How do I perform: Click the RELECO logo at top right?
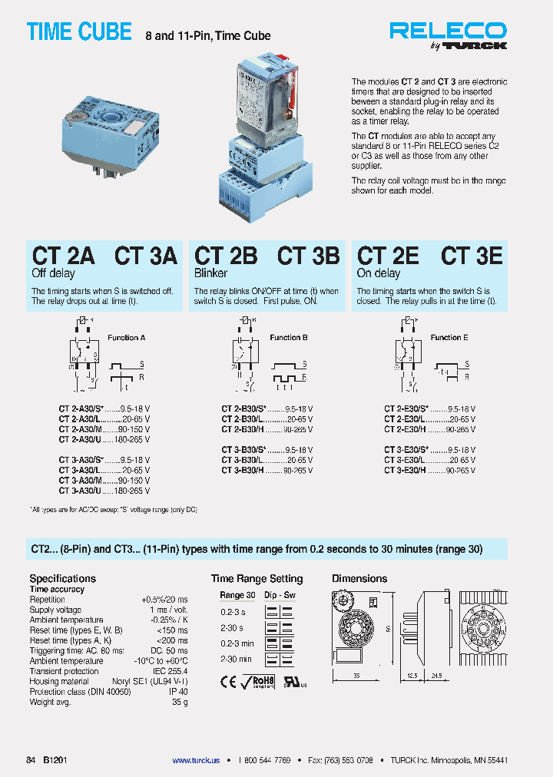[448, 31]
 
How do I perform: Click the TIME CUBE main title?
[79, 32]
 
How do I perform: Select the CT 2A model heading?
[63, 256]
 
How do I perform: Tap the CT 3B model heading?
[308, 256]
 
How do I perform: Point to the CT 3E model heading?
[472, 256]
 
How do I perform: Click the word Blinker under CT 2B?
[212, 273]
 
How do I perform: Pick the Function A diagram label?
[127, 338]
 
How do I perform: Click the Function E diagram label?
[449, 338]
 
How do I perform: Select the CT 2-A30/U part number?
[80, 440]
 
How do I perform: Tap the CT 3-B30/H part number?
[243, 470]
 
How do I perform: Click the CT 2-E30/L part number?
[406, 420]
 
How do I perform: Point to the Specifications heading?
[62, 578]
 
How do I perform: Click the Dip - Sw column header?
[280, 596]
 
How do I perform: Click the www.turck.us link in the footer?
[195, 760]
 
